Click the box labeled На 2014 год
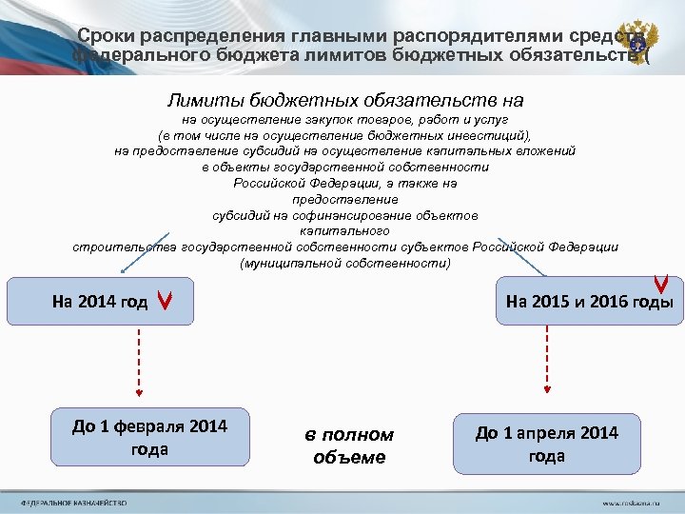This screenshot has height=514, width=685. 100,303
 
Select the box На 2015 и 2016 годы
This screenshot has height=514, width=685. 589,303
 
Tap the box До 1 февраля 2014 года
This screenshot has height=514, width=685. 150,438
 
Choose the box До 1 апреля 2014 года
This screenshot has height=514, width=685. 546,444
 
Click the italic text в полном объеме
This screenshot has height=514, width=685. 349,445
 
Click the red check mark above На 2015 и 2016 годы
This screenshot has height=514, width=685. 661,284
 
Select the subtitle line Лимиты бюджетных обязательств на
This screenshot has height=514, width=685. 346,100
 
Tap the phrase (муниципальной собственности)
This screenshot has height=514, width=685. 346,263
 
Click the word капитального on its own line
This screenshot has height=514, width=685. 344,231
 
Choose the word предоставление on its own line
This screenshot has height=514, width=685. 345,200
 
